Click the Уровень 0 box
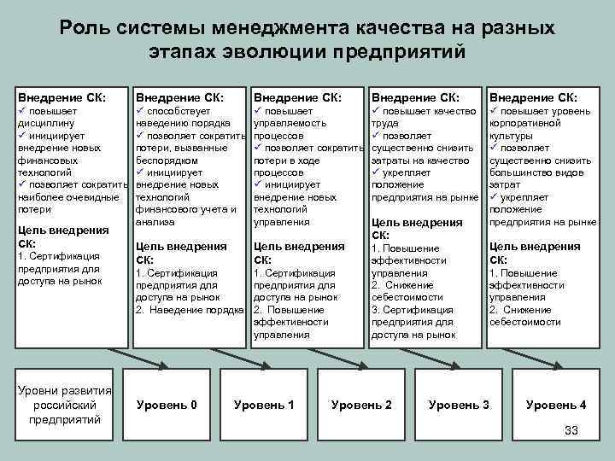click(x=167, y=404)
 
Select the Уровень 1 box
click(x=264, y=404)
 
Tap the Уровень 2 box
click(x=361, y=404)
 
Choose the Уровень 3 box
click(x=459, y=404)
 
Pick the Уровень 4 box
click(x=556, y=404)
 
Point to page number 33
click(x=571, y=430)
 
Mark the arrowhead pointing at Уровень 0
click(x=165, y=365)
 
